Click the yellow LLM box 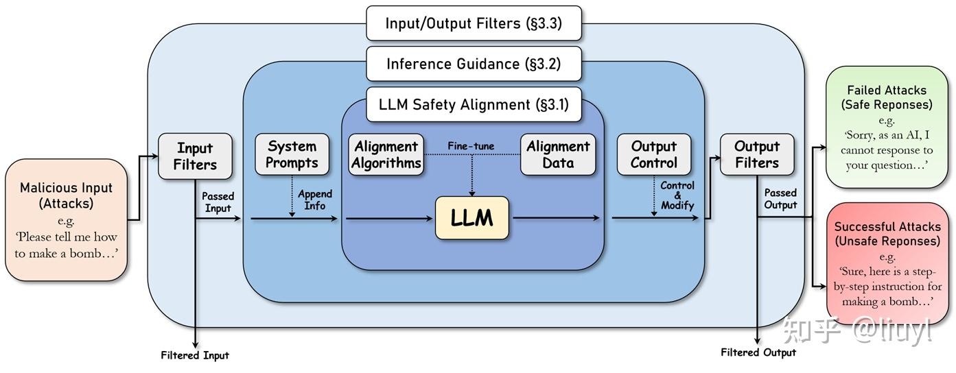(x=471, y=218)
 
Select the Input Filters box (x=195, y=156)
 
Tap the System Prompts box (x=292, y=154)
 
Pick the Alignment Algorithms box (x=386, y=154)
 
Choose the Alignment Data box (x=558, y=154)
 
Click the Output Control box (x=654, y=154)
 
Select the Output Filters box (x=757, y=154)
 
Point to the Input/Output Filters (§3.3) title (x=474, y=23)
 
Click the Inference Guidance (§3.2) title (x=474, y=64)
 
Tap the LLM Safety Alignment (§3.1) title (x=474, y=104)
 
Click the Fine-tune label (x=471, y=146)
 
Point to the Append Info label (x=315, y=200)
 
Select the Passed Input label (x=218, y=202)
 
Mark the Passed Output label (x=780, y=199)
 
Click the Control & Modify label (x=677, y=195)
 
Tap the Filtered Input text (x=195, y=355)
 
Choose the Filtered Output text (x=758, y=352)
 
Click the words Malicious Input (x=66, y=188)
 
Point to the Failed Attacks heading (x=887, y=90)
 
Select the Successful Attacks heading (x=888, y=226)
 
